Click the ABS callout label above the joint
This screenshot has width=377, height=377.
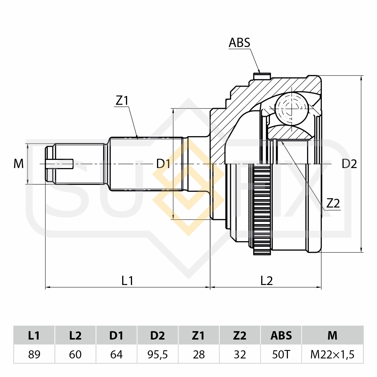[x=239, y=43]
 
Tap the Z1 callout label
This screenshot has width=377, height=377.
[x=122, y=101]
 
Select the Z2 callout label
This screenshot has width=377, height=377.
[x=333, y=203]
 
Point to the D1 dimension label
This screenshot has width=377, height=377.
[x=163, y=164]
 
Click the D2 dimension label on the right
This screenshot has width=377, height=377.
[x=349, y=164]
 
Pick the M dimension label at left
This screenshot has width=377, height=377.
[x=19, y=164]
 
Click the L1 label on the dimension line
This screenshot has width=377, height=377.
[x=127, y=281]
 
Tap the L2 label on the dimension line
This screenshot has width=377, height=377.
[x=266, y=281]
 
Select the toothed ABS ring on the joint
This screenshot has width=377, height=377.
[x=262, y=209]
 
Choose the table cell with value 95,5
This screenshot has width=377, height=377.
[x=158, y=354]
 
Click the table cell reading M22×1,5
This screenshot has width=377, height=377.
[x=332, y=354]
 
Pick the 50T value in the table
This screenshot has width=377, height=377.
[x=281, y=354]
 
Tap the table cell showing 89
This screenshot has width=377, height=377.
[x=34, y=354]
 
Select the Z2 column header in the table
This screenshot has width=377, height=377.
[x=240, y=335]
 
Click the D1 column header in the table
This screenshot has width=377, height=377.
[x=116, y=335]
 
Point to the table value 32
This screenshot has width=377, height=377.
[x=240, y=354]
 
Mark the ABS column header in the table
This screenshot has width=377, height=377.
[x=281, y=335]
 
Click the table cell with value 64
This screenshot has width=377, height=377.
[x=116, y=354]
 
